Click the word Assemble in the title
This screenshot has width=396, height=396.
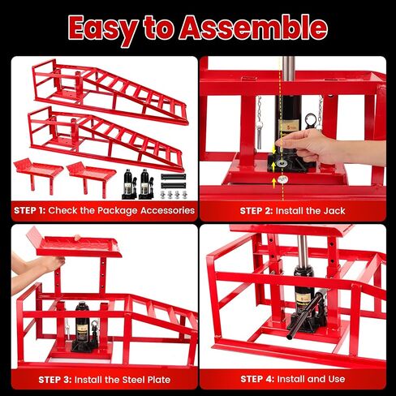(253, 28)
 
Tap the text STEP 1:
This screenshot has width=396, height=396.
(30, 210)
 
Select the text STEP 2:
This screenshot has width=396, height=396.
(256, 211)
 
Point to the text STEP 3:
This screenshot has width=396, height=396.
(55, 380)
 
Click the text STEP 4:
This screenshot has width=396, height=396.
(257, 379)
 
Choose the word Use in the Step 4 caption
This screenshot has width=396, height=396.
(337, 379)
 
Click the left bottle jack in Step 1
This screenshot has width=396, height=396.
(129, 184)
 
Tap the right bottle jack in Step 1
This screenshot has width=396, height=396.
(146, 184)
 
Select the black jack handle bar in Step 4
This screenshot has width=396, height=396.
(305, 316)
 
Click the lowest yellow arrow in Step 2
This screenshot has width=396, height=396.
(274, 183)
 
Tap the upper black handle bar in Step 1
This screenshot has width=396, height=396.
(174, 177)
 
